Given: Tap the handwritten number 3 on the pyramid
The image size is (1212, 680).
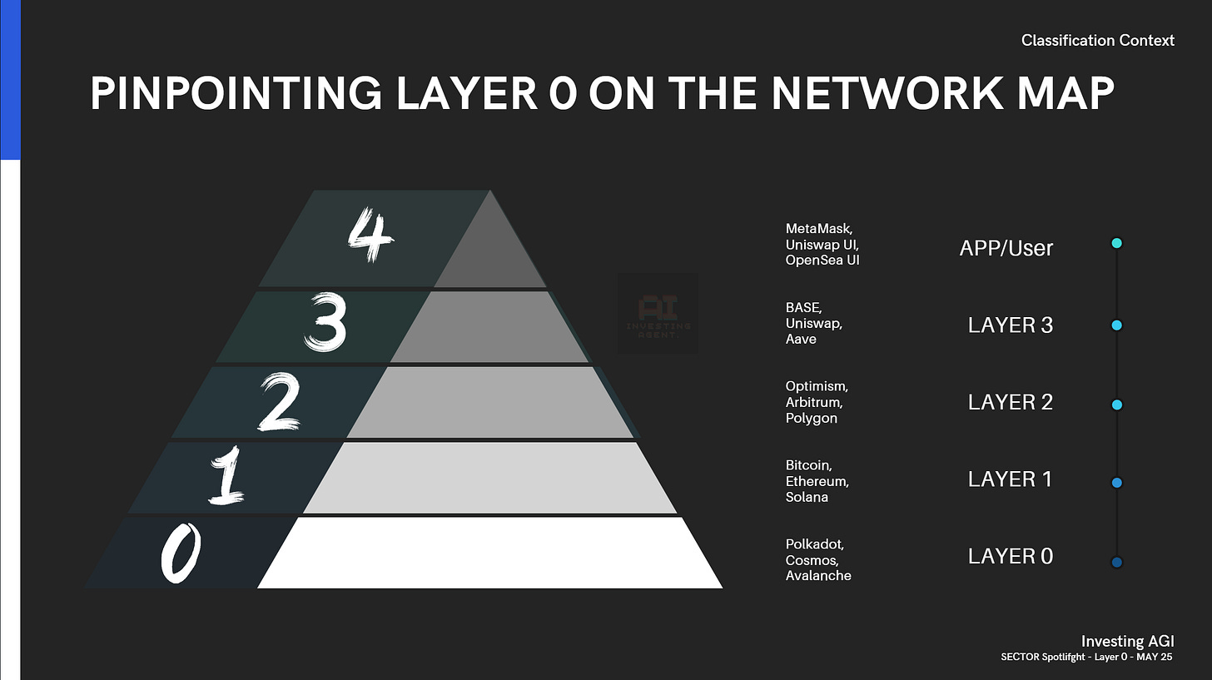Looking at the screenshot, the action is click(x=325, y=326).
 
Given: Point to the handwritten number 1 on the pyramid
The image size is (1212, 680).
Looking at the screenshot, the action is click(x=225, y=477).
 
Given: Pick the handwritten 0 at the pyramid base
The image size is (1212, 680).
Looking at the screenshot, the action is click(x=181, y=554).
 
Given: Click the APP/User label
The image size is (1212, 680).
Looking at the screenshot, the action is click(x=1006, y=247).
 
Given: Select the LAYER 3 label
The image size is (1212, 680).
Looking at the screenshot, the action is click(x=1010, y=325).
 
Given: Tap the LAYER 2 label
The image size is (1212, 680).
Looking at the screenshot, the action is click(x=1010, y=402).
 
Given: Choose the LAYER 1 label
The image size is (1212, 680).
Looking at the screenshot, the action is click(x=1010, y=479).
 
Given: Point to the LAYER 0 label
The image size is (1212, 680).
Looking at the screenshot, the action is click(x=1010, y=556).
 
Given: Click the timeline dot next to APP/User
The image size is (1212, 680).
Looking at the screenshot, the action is click(x=1116, y=243).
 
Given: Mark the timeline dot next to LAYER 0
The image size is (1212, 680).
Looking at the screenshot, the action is click(x=1116, y=563).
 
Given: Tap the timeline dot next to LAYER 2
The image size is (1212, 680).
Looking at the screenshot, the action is click(x=1116, y=405).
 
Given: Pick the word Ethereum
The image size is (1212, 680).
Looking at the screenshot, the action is click(x=817, y=481).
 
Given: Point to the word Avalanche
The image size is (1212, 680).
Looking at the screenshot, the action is click(x=818, y=575).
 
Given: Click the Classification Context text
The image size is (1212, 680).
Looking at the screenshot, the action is click(x=1097, y=40).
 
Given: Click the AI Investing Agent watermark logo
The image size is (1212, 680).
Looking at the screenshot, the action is click(x=657, y=315).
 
